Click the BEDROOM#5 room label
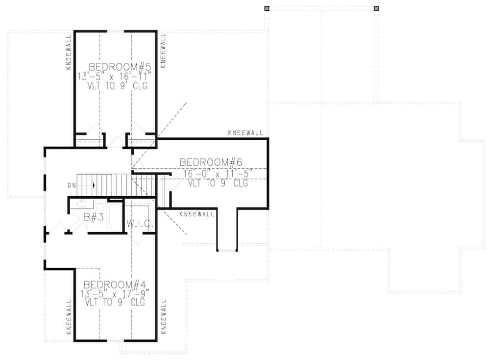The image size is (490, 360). tap(117, 66)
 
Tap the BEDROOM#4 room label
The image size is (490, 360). tap(116, 284)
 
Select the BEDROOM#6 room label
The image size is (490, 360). tap(211, 162)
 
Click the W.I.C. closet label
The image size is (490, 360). tap(140, 225)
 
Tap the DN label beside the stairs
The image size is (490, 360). tap(72, 185)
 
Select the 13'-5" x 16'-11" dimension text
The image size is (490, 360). tap(116, 76)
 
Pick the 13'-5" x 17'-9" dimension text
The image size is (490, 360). tap(116, 294)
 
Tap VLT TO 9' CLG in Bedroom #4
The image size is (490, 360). tap(116, 303)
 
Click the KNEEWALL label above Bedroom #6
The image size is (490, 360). tap(245, 133)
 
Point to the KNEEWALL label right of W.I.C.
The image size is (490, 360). tap(197, 214)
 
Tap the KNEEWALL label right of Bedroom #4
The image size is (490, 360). tap(163, 316)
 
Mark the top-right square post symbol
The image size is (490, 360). tap(376, 8)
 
